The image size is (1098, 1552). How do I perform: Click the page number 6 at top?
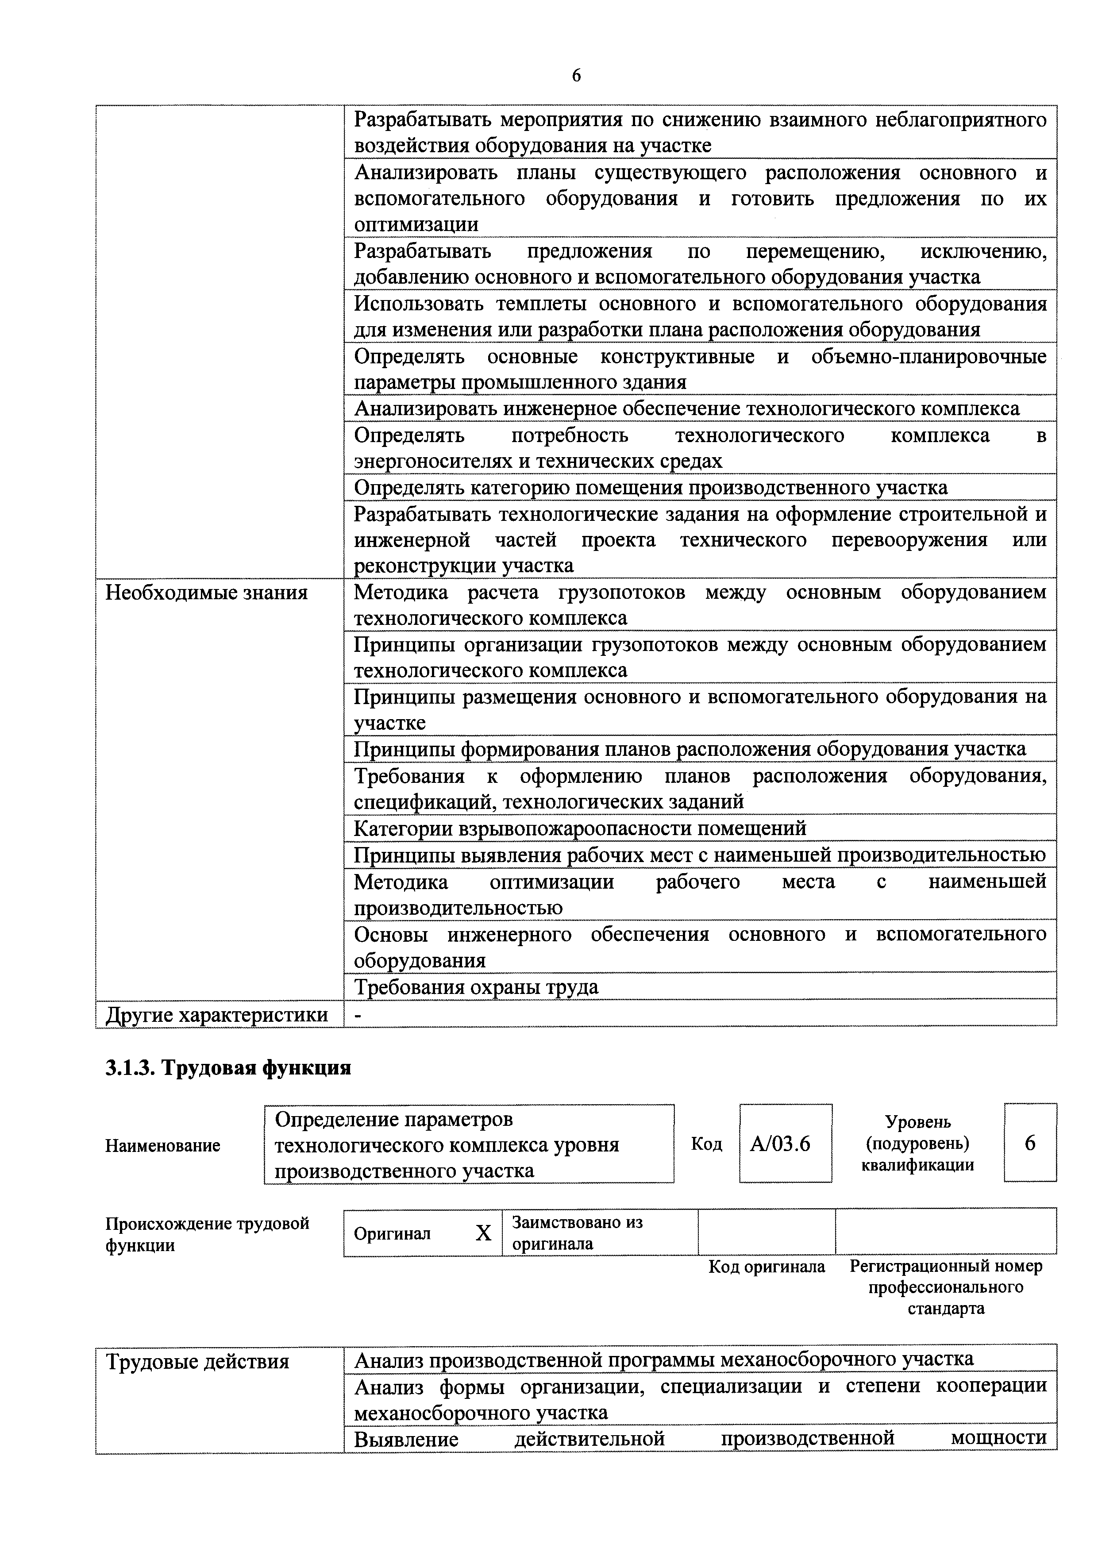(576, 76)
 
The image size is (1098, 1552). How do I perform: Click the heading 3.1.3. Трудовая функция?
(228, 1067)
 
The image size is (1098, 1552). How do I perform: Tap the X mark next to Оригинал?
(483, 1234)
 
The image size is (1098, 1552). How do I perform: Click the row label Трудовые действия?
(197, 1361)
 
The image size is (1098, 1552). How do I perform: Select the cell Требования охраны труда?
(477, 987)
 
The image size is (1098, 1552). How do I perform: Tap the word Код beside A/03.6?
(706, 1144)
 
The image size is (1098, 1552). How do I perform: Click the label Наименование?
(163, 1145)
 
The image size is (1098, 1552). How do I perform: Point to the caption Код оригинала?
(767, 1267)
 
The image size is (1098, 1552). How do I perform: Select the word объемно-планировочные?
(928, 357)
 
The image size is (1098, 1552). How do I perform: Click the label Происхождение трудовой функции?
(207, 1234)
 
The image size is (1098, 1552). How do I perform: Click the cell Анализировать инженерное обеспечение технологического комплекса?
(687, 409)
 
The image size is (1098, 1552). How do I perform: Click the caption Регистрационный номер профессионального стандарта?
(946, 1287)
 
